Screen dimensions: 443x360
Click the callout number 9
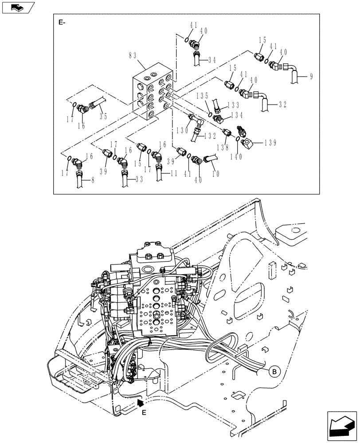click(x=311, y=77)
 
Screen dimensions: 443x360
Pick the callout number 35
click(x=103, y=117)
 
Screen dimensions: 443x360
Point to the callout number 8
click(x=92, y=180)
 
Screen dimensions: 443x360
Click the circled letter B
click(x=274, y=371)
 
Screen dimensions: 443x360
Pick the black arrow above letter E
click(x=141, y=402)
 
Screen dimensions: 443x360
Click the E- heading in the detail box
click(x=62, y=22)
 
